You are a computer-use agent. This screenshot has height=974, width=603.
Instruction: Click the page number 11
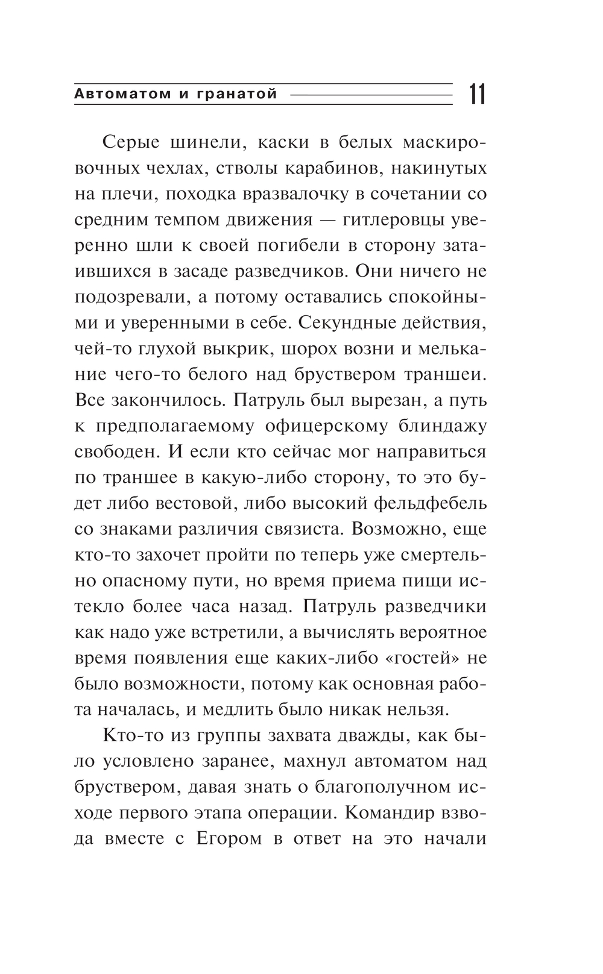pyautogui.click(x=477, y=95)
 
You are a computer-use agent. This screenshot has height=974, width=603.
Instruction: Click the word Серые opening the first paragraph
pyautogui.click(x=131, y=143)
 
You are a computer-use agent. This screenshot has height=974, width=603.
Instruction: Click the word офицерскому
pyautogui.click(x=326, y=426)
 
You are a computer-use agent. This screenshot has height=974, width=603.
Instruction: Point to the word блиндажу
pyautogui.click(x=442, y=426)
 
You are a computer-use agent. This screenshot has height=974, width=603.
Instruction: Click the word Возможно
pyautogui.click(x=395, y=529)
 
